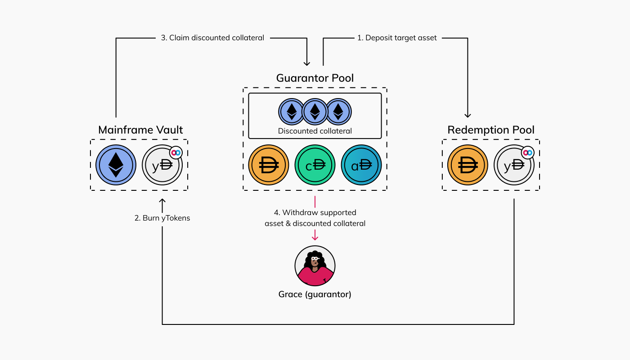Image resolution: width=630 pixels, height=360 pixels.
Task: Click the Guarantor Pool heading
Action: pos(315,78)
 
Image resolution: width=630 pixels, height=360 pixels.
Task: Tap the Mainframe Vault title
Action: pos(140,130)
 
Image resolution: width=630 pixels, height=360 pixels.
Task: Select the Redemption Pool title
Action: pos(491,130)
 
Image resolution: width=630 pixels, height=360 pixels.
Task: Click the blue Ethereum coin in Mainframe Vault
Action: pos(116,165)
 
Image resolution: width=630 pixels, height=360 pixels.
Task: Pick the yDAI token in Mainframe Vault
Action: pos(162,165)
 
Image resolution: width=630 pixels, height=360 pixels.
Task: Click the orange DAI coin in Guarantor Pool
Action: pos(269,165)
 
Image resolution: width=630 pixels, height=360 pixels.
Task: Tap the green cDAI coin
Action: pos(315,165)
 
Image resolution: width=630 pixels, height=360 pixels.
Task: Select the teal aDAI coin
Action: pos(361,165)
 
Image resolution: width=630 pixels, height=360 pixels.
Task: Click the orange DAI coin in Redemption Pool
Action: pos(468,165)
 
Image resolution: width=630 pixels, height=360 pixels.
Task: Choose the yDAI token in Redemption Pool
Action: pos(514,165)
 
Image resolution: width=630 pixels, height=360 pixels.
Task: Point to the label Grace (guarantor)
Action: pos(315,295)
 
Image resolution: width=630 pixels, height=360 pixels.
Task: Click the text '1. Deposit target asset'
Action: pos(397,38)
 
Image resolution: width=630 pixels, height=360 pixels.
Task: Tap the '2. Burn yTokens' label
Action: pos(162,218)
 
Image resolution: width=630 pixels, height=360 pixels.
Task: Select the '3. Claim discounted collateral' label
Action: pos(212,38)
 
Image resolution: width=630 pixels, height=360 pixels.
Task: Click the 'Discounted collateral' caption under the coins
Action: pos(315,131)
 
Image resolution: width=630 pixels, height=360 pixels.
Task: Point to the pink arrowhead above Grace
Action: pos(315,237)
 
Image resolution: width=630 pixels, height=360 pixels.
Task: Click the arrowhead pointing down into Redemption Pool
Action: pos(468,115)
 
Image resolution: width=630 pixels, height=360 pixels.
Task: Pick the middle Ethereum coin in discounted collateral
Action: pos(315,111)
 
